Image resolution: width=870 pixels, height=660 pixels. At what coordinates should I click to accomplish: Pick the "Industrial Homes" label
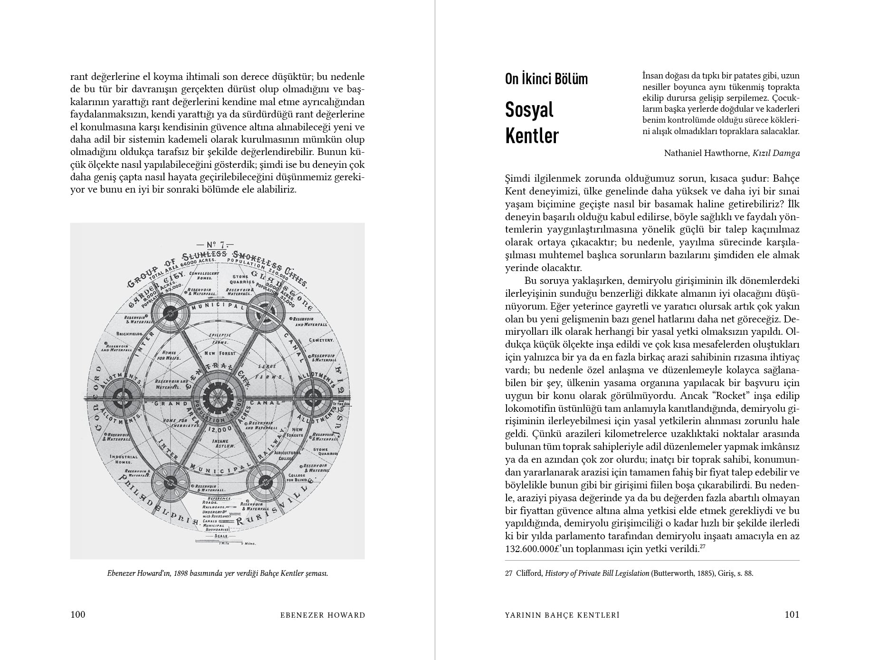[124, 459]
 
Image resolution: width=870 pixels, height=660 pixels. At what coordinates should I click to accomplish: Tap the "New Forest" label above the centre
[217, 354]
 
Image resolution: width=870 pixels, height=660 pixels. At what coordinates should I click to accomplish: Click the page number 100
[78, 615]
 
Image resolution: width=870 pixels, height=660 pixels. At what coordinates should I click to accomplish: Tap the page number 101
[792, 615]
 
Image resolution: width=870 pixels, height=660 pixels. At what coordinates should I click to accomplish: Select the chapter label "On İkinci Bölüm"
[546, 79]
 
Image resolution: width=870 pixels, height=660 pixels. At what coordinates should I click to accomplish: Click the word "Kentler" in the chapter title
[532, 136]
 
